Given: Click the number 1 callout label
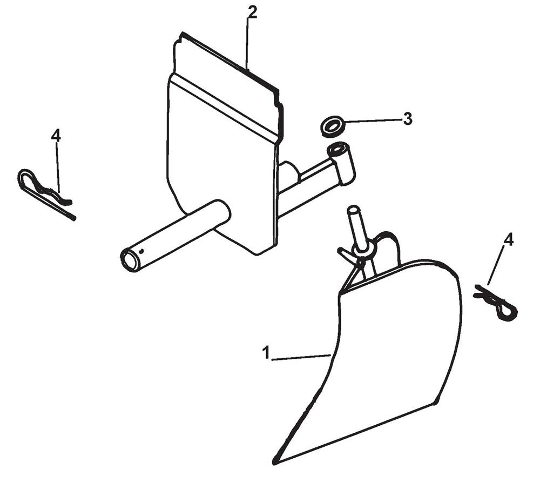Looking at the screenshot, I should click(x=266, y=353).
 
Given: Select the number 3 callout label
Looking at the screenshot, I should click(x=408, y=119).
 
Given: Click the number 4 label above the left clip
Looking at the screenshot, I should click(x=56, y=136).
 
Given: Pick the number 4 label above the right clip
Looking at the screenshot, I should click(x=508, y=240).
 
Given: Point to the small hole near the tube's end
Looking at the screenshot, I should click(x=141, y=250).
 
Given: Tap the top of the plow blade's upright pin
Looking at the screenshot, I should click(x=353, y=209).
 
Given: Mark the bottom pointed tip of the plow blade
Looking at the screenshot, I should click(x=277, y=460).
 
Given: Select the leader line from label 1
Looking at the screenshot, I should click(x=301, y=357).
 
